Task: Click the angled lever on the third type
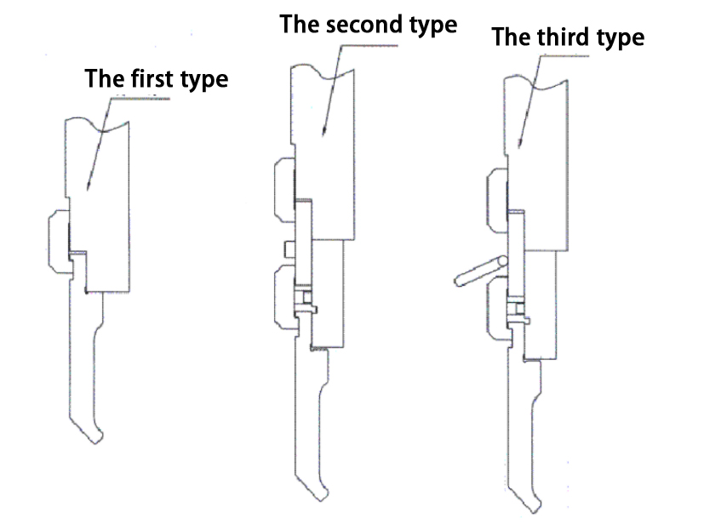[x=481, y=271]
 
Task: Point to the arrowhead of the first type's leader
[x=88, y=187]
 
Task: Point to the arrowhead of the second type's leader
[x=323, y=133]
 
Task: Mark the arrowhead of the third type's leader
[x=520, y=145]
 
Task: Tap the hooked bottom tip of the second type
[x=323, y=497]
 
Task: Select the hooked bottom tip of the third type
[x=535, y=509]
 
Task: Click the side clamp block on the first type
[x=60, y=242]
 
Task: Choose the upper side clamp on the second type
[x=284, y=190]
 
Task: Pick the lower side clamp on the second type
[x=285, y=297]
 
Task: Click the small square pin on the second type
[x=289, y=249]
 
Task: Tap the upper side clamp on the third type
[x=497, y=201]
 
